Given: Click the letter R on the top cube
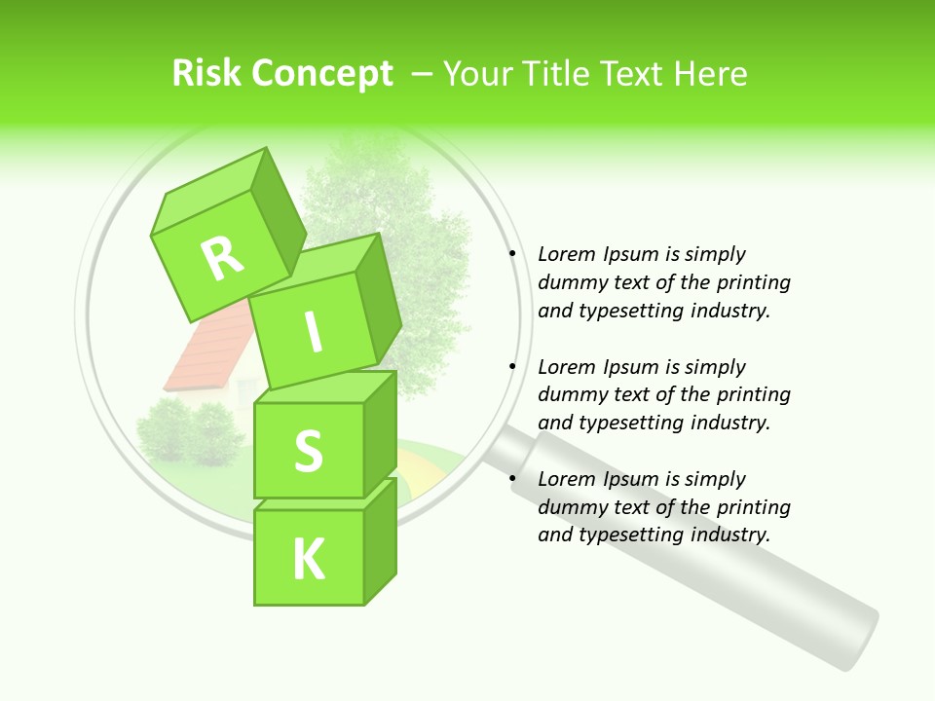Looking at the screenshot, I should pos(222,258).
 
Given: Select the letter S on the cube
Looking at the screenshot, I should pos(309,451).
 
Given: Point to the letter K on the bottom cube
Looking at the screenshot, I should pos(309,559).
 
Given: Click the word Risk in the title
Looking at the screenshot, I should pos(206,73).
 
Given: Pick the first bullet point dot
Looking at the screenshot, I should pos(511,254).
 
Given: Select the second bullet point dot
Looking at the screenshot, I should pos(511,367).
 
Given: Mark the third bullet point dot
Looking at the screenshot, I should pos(511,479).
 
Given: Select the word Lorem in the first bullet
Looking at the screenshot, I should pos(567,254).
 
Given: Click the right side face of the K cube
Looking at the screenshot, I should pos(380,540).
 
